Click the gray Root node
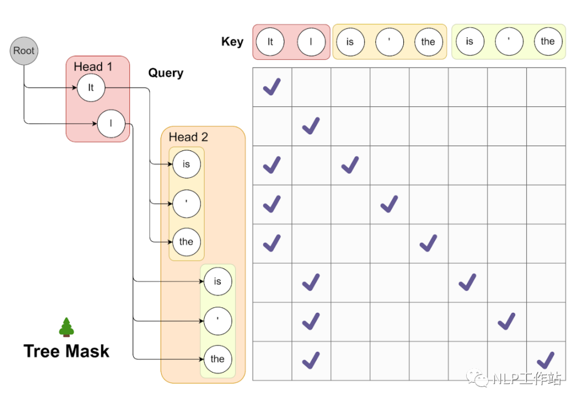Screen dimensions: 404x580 [24, 51]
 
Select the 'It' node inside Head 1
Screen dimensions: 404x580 [91, 88]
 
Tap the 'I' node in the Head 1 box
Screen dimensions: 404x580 [111, 124]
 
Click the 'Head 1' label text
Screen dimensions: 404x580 [93, 67]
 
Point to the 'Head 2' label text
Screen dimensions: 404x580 [188, 137]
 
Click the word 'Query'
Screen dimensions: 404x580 [165, 73]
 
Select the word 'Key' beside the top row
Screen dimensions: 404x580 [232, 42]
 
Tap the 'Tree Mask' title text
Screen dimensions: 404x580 [67, 351]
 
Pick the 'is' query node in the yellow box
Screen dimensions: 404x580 [186, 164]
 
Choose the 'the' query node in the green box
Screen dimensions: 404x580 [218, 359]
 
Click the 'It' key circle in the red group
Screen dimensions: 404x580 [270, 42]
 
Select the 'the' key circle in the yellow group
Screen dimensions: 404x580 [428, 42]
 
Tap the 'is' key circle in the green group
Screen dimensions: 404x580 [470, 42]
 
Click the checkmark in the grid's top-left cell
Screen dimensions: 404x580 [272, 86]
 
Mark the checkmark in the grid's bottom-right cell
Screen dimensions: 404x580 [546, 359]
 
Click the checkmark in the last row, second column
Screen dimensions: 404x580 [311, 359]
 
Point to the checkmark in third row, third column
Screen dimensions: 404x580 [350, 164]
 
